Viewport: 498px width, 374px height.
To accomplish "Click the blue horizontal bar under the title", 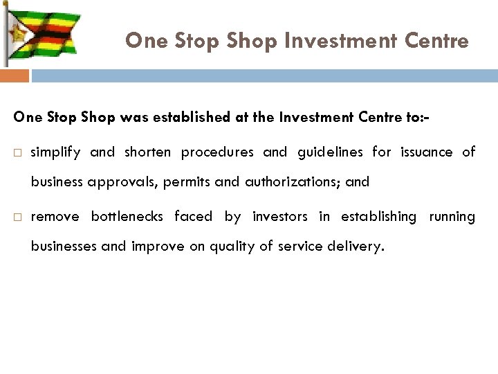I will (263, 75).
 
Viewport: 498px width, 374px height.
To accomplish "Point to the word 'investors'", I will (279, 217).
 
